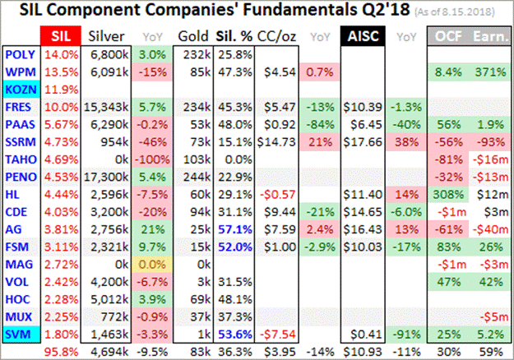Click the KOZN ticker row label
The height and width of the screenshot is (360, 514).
(x=19, y=88)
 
